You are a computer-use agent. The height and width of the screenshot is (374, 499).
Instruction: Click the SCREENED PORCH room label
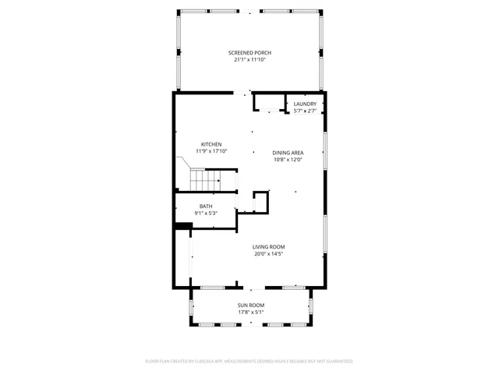click(249, 52)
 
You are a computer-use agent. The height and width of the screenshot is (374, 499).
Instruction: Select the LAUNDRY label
click(305, 104)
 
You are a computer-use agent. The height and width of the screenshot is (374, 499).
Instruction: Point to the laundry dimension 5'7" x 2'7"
click(305, 110)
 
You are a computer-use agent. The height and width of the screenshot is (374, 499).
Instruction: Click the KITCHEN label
click(211, 144)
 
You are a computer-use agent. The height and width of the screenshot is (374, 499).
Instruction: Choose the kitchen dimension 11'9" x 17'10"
click(211, 151)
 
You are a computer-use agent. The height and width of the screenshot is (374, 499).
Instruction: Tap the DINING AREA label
click(288, 153)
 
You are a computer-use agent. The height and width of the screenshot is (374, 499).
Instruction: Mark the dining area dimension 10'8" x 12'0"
click(288, 160)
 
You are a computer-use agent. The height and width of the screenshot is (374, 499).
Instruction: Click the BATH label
click(205, 206)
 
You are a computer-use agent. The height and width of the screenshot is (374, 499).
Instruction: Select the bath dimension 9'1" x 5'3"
click(205, 213)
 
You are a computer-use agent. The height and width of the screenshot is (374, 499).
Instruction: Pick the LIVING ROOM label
click(268, 247)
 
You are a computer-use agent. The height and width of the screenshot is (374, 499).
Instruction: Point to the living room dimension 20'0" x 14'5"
click(268, 254)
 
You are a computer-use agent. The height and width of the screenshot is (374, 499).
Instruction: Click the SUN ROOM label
click(251, 305)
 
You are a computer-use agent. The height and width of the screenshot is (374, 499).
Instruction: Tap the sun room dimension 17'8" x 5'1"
click(251, 312)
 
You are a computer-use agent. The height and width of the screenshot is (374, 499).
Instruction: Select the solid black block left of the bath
click(183, 227)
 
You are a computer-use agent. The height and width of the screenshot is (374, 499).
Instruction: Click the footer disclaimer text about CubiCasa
click(249, 362)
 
